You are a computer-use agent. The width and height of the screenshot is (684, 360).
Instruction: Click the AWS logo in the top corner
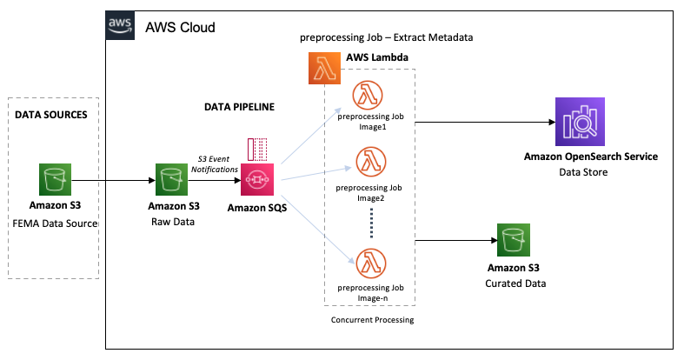click(x=121, y=26)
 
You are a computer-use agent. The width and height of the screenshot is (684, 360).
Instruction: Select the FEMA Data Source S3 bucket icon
click(x=56, y=181)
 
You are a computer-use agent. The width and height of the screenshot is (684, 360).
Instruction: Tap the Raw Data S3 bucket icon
click(x=173, y=181)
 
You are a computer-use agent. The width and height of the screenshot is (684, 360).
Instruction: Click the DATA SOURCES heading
click(x=51, y=115)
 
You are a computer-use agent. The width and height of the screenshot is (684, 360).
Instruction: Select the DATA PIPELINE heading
click(x=239, y=108)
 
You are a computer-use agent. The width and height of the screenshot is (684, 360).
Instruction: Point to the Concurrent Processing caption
click(x=372, y=320)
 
